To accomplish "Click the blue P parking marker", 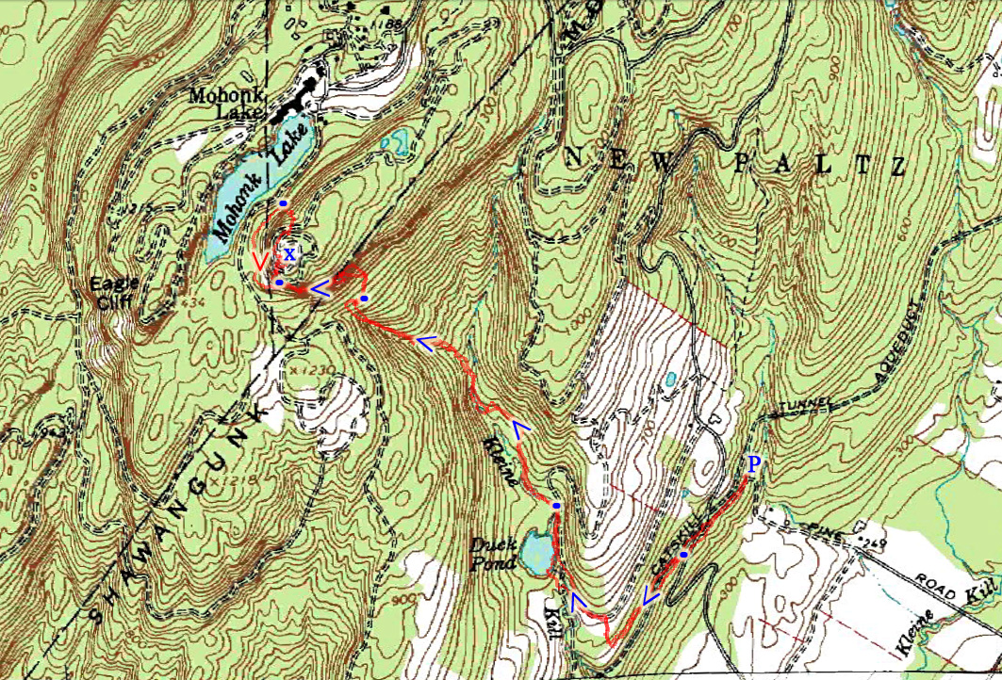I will pos(753,463).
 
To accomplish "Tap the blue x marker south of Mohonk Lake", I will pos(289,253).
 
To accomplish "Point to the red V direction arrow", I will pos(261,262).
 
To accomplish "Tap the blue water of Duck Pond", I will pos(536,552).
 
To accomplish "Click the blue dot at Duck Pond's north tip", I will pos(556,506).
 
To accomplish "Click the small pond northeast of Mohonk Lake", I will pos(398,142).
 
